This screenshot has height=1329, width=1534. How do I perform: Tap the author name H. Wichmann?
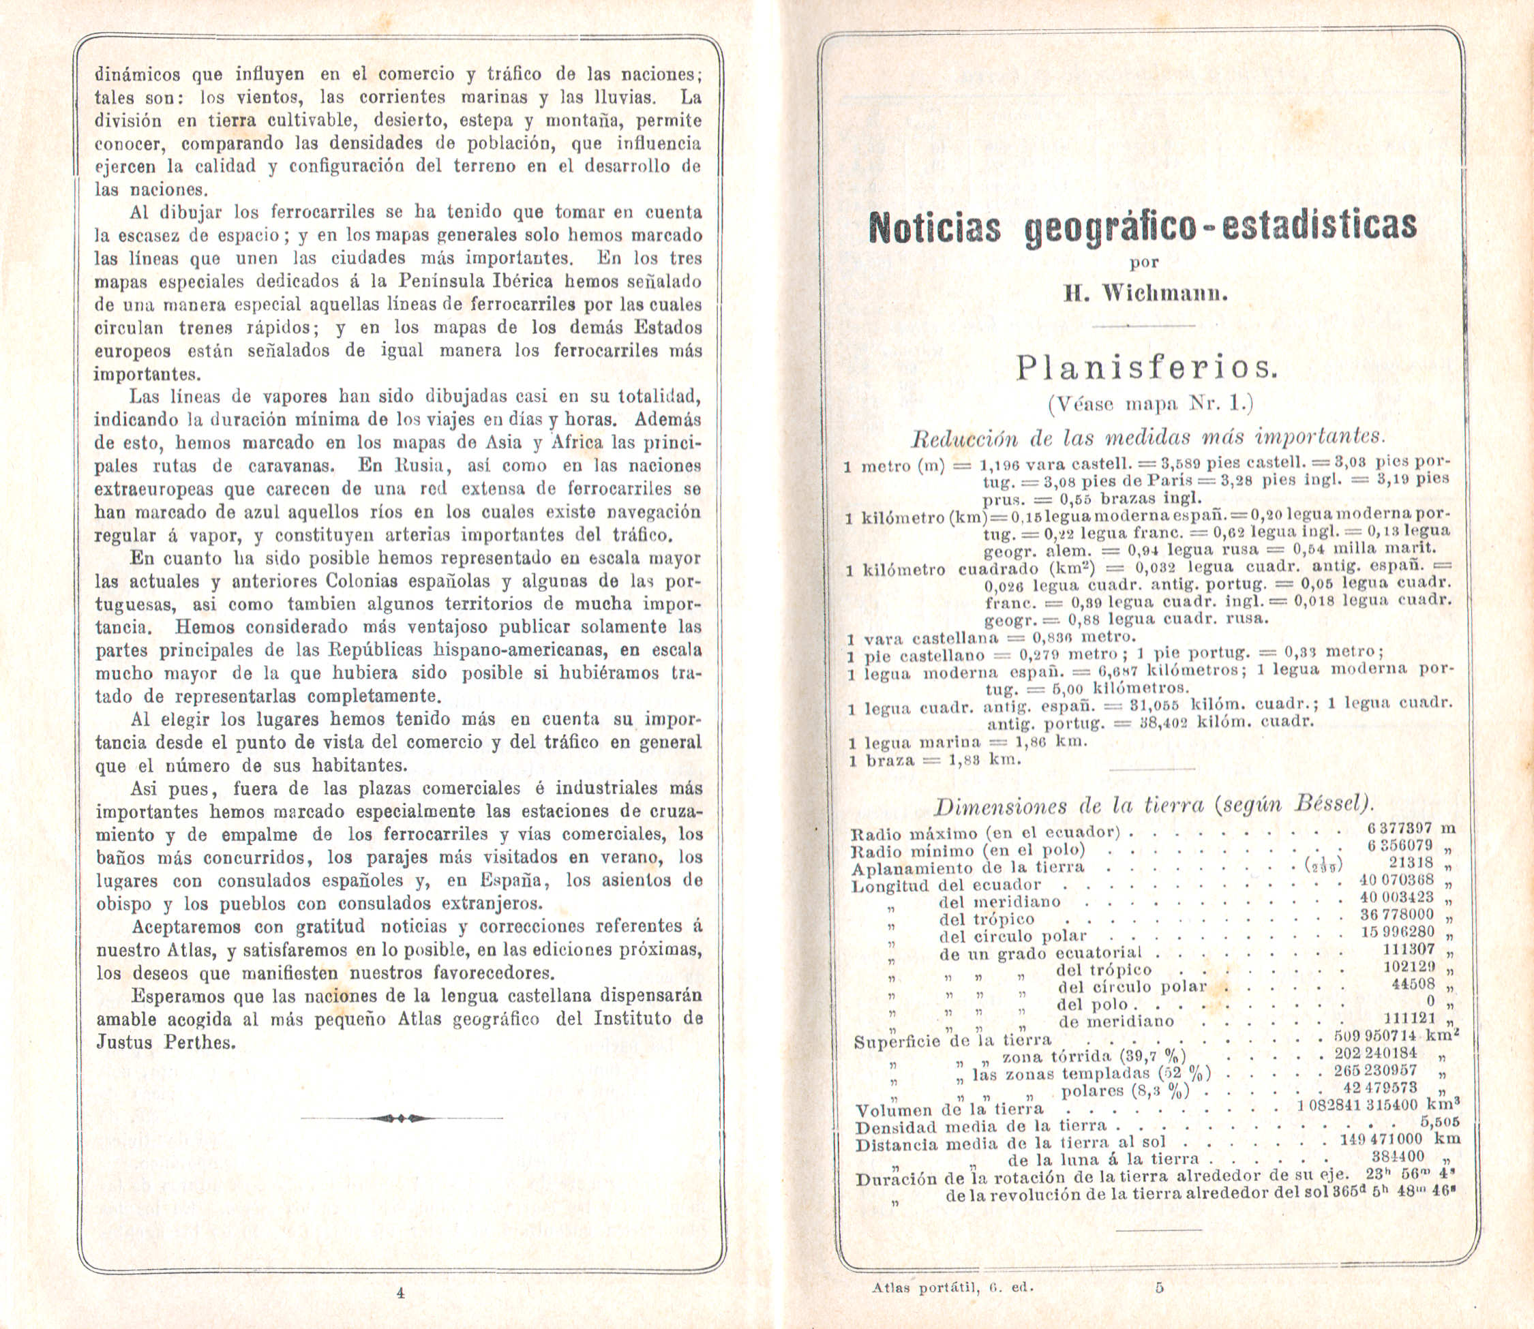click(x=1143, y=294)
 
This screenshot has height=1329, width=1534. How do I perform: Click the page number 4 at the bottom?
click(x=401, y=1293)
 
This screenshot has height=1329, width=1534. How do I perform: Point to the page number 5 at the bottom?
click(x=1160, y=1287)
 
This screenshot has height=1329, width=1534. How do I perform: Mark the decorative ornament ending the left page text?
click(x=402, y=1118)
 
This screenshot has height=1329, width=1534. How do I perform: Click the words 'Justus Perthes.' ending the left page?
click(x=166, y=1042)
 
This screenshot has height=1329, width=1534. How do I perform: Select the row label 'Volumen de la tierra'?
click(x=950, y=1110)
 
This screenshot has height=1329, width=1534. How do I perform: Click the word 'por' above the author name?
click(x=1143, y=262)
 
